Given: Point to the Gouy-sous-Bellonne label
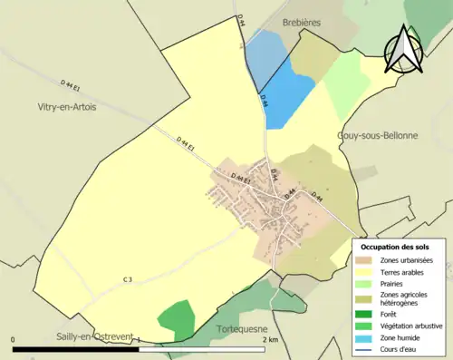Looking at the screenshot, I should [x=378, y=136].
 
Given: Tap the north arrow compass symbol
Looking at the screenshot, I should [x=403, y=47].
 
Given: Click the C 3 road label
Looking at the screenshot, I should [x=127, y=278].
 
